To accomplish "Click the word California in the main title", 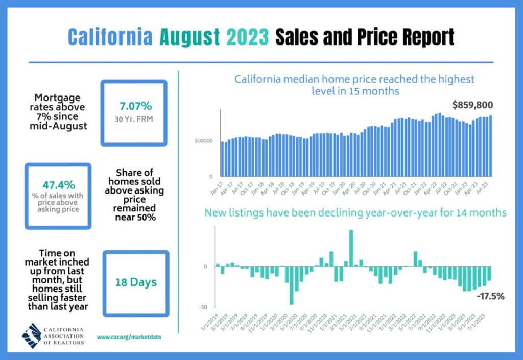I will pyautogui.click(x=109, y=37).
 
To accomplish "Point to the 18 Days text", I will pyautogui.click(x=135, y=282).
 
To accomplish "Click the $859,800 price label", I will pyautogui.click(x=472, y=105).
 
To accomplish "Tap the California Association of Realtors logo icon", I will pyautogui.click(x=33, y=335).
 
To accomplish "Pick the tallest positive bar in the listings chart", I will pyautogui.click(x=351, y=248).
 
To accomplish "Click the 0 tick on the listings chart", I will pyautogui.click(x=205, y=267).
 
